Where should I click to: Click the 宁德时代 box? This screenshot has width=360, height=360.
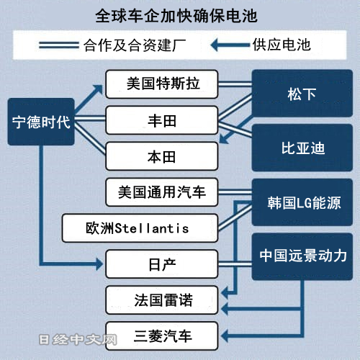click(41, 122)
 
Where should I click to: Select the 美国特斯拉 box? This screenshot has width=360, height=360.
click(162, 84)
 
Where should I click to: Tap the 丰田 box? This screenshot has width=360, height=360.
click(162, 120)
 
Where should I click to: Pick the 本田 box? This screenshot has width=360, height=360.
click(162, 156)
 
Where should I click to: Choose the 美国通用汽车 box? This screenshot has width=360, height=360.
click(162, 192)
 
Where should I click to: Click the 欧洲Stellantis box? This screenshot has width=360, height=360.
click(140, 228)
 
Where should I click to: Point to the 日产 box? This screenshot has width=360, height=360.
click(162, 264)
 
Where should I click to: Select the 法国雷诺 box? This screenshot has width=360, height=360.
click(162, 300)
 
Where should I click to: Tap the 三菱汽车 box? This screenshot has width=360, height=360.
click(162, 336)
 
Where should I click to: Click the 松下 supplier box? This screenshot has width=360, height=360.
click(302, 93)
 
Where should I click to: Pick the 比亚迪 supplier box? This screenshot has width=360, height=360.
click(302, 148)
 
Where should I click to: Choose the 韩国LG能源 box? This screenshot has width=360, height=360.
click(302, 202)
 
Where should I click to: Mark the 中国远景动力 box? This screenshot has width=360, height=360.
click(302, 256)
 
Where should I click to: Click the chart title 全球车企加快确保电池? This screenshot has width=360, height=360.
click(176, 16)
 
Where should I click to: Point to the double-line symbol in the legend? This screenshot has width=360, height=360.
click(59, 45)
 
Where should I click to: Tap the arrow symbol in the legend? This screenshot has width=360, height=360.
click(230, 45)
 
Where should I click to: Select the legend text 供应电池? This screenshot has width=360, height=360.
click(282, 45)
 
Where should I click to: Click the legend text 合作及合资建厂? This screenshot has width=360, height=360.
click(135, 45)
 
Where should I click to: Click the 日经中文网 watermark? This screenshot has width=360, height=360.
click(78, 340)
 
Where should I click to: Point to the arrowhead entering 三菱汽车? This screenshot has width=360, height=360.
click(225, 336)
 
